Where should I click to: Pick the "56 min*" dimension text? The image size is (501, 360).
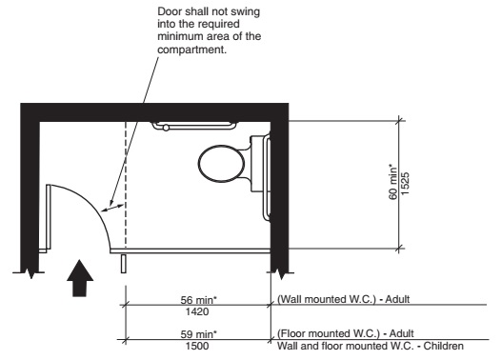[x=198, y=298]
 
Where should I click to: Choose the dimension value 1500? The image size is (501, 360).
[x=198, y=346]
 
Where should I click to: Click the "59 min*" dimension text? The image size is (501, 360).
[x=198, y=334]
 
